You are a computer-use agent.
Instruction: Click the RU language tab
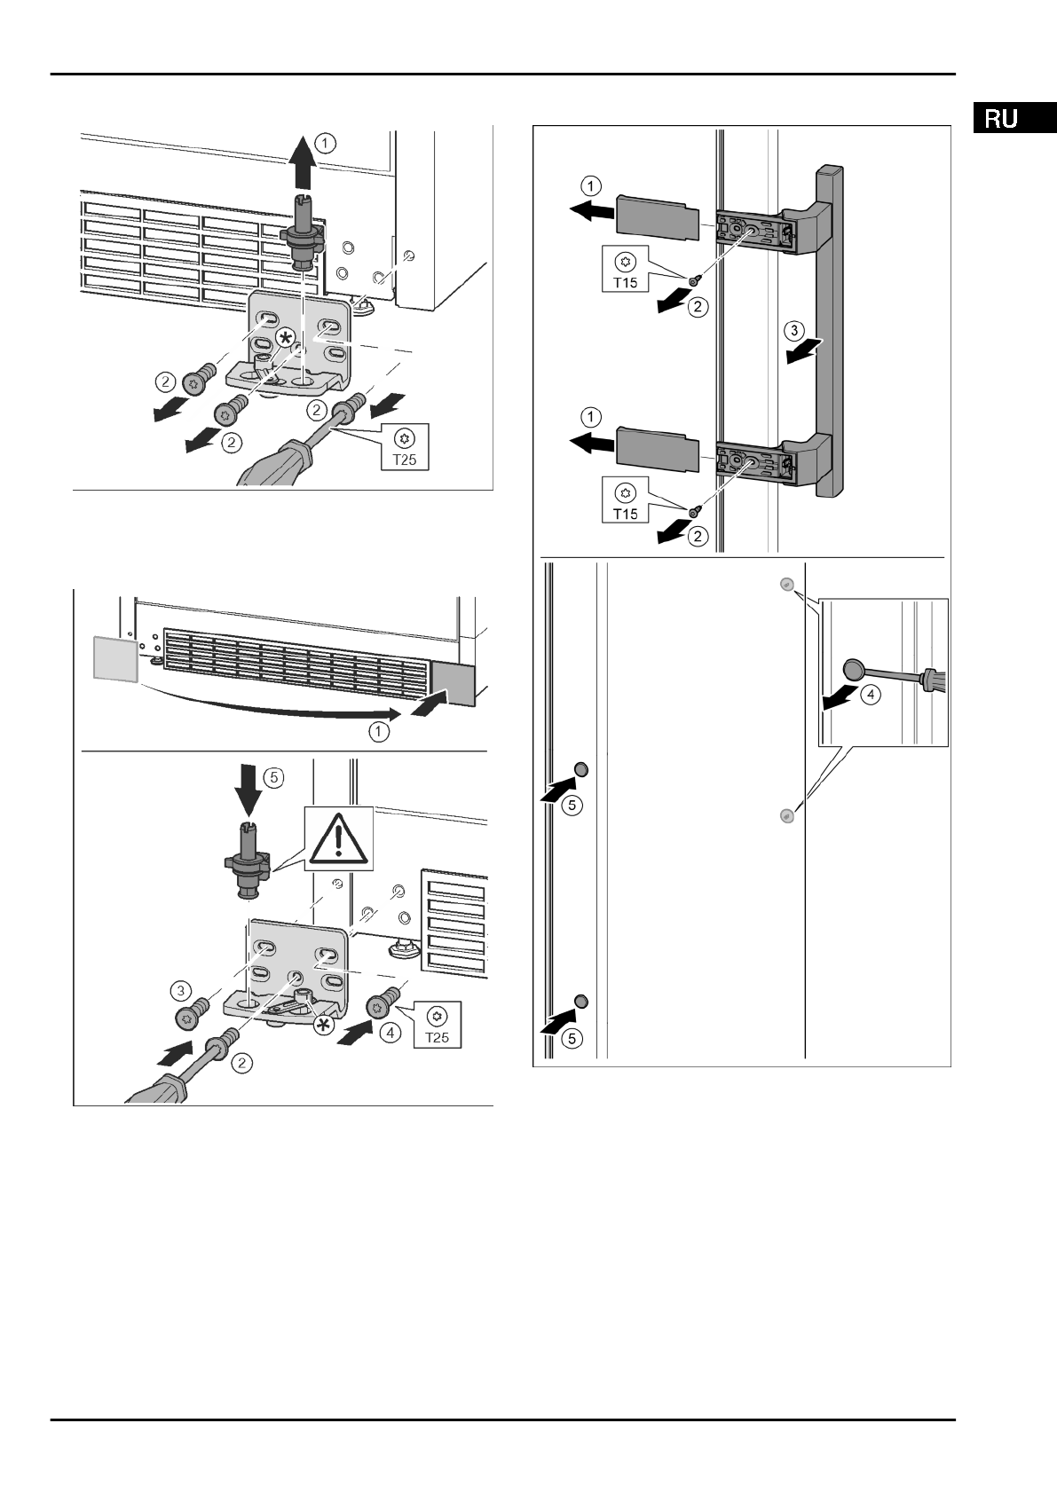(x=1000, y=119)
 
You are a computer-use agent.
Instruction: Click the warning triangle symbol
(x=336, y=837)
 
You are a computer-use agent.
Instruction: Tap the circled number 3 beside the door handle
(x=795, y=332)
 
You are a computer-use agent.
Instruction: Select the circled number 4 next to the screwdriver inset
(x=872, y=695)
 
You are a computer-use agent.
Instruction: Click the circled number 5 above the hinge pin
(x=273, y=776)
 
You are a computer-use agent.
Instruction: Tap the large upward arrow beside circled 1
(x=302, y=161)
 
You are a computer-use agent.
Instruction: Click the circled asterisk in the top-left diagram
(x=286, y=337)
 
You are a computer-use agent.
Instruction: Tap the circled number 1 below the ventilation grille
(x=379, y=732)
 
